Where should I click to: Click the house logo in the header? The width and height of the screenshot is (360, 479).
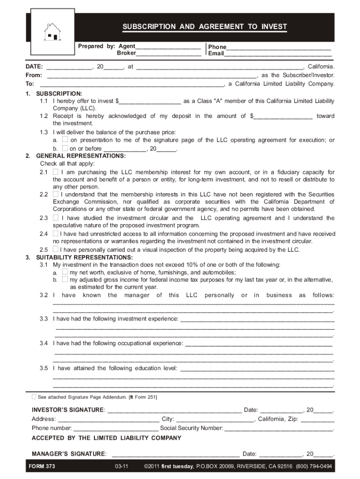(x=52, y=32)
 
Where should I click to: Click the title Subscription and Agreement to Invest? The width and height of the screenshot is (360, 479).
(x=205, y=27)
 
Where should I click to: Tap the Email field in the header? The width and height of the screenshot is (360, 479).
(x=278, y=54)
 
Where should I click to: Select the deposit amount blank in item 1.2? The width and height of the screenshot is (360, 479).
(x=283, y=116)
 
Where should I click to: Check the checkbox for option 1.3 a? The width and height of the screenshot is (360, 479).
(x=65, y=140)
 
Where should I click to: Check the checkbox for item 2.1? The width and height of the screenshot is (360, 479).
(x=56, y=172)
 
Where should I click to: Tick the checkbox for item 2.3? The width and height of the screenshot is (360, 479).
(x=56, y=218)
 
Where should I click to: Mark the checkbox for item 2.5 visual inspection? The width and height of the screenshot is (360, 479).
(x=56, y=249)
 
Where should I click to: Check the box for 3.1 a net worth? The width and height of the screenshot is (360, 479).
(x=65, y=272)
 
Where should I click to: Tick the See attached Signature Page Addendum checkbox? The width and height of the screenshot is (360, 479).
(x=34, y=397)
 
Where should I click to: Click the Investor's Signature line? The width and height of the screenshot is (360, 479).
(x=174, y=410)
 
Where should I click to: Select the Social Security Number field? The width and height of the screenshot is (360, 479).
(x=279, y=428)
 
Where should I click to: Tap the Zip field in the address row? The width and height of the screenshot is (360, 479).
(x=317, y=419)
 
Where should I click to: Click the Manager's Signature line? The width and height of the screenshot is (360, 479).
(x=176, y=454)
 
